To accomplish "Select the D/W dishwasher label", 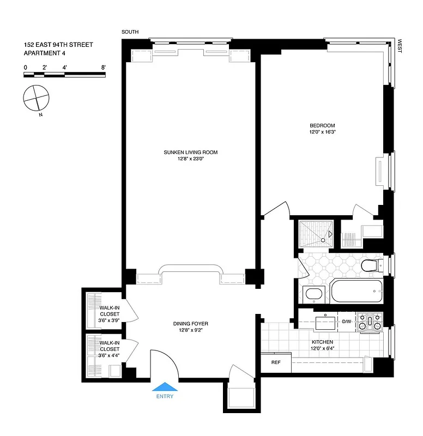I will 347,322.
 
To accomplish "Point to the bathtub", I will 356,293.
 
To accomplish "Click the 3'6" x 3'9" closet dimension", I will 109,320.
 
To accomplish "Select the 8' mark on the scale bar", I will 103,67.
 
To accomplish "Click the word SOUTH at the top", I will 130,32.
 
